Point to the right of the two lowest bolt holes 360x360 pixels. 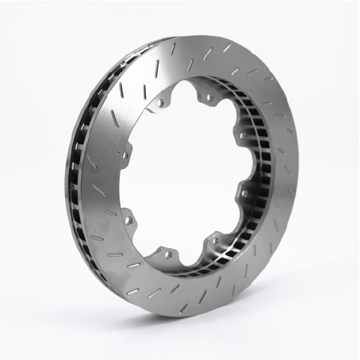tap(216, 241)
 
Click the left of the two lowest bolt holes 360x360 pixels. tap(168, 254)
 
